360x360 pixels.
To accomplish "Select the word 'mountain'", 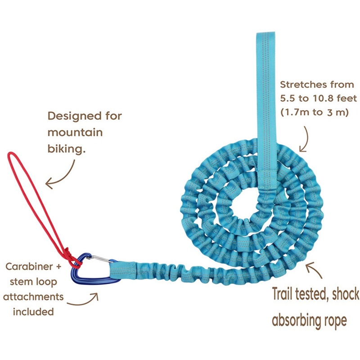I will point(75,133).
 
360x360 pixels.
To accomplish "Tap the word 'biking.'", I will point(66,149).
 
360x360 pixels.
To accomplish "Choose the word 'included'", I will point(34,311).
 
